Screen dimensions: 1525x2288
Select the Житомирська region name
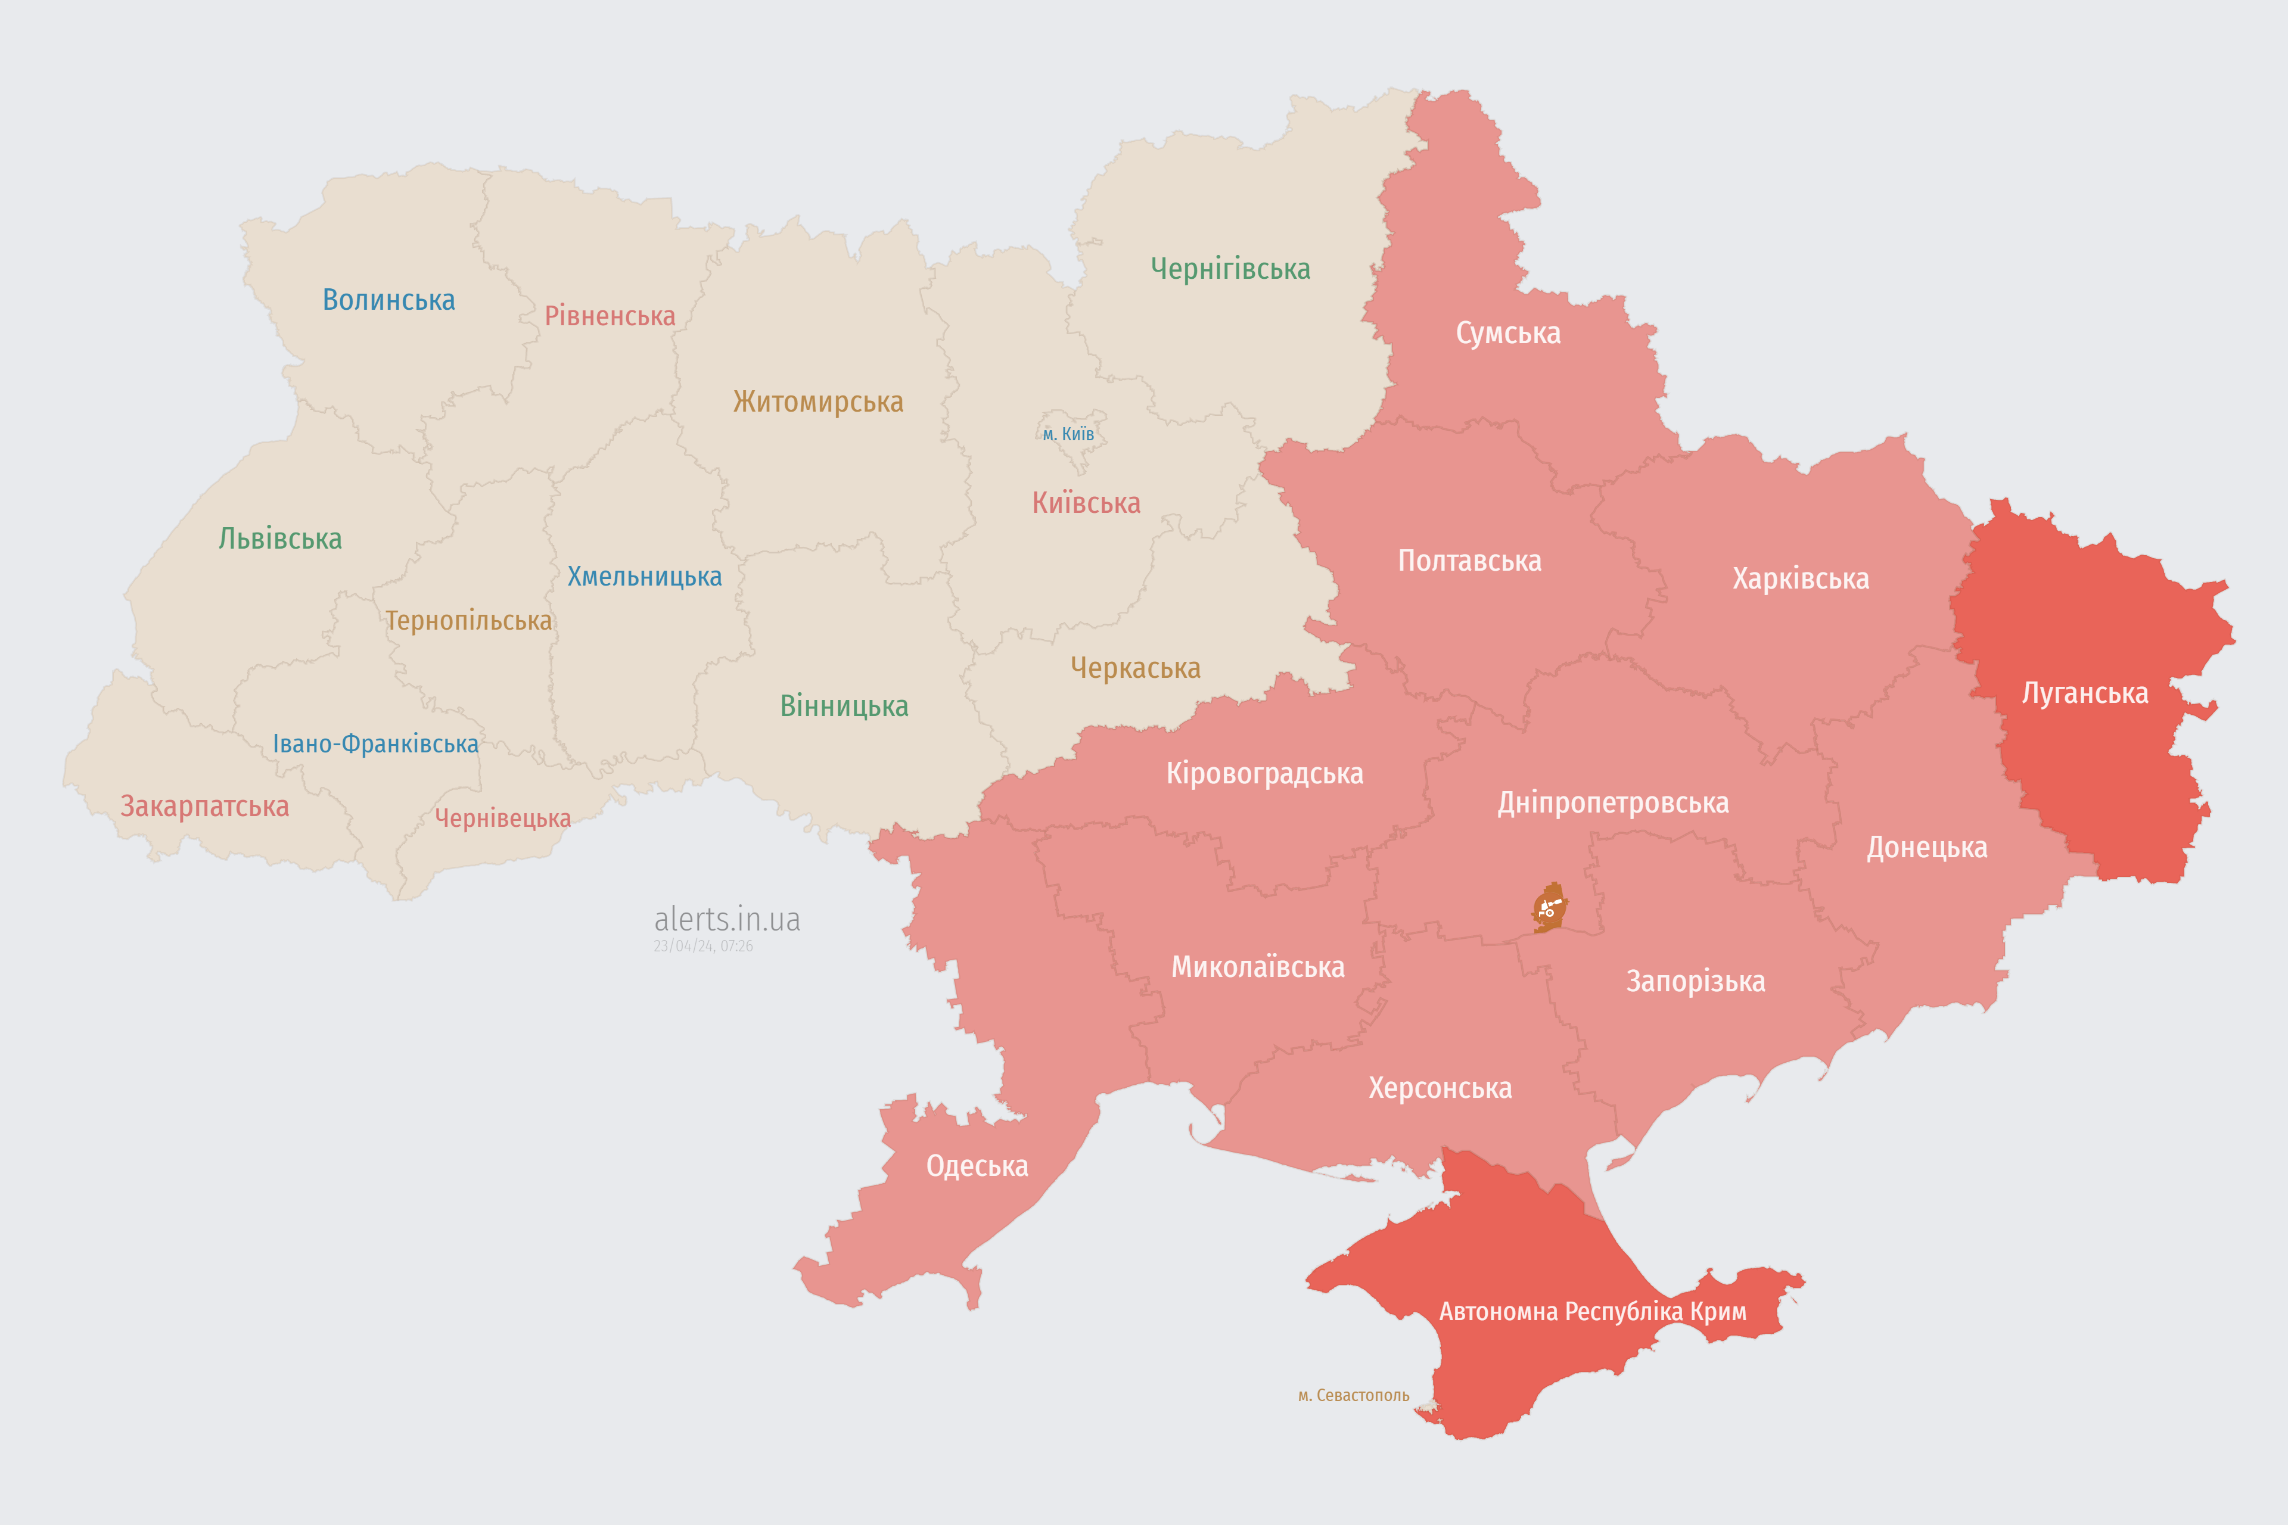click(x=818, y=402)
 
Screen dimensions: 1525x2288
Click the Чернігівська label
click(x=1230, y=269)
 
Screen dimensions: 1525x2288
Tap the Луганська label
click(x=2085, y=693)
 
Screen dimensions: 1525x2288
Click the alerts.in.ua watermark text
click(x=727, y=919)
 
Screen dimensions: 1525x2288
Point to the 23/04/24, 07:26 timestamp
click(x=702, y=947)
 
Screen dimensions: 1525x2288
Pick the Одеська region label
click(x=977, y=1166)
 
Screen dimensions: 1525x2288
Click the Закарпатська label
click(x=204, y=806)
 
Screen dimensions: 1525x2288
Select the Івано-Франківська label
click(x=375, y=744)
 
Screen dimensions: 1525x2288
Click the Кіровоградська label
click(x=1264, y=774)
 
